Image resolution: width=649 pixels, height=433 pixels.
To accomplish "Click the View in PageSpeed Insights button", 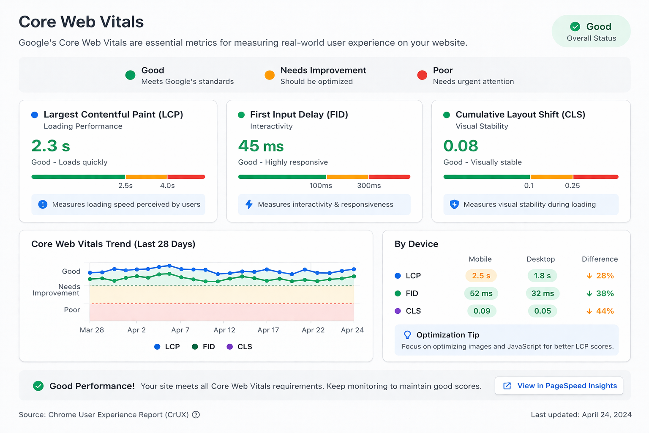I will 559,386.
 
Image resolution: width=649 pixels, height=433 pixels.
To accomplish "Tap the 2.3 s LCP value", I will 51,146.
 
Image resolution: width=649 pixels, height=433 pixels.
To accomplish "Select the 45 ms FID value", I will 261,146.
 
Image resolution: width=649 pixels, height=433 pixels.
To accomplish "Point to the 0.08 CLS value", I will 461,146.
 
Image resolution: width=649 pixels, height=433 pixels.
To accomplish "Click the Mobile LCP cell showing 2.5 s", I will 481,276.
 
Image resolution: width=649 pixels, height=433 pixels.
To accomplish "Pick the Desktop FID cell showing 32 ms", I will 543,293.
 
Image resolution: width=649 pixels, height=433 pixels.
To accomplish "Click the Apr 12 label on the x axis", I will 224,330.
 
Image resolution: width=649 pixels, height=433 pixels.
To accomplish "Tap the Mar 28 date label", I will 92,330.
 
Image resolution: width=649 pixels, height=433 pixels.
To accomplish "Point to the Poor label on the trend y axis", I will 72,310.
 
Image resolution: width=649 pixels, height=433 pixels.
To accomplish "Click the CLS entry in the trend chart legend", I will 240,347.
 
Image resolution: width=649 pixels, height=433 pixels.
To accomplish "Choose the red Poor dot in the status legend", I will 422,75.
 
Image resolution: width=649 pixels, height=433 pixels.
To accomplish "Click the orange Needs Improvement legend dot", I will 270,75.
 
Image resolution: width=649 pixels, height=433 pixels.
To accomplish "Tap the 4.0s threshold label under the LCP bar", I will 167,186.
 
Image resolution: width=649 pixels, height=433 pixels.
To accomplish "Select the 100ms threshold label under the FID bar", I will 321,186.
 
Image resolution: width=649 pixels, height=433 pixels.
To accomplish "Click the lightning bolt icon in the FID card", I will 249,205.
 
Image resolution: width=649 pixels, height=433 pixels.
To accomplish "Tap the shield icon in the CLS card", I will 454,205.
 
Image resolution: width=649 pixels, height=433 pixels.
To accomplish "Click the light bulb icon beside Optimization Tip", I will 407,335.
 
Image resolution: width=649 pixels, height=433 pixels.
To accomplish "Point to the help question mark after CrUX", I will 196,415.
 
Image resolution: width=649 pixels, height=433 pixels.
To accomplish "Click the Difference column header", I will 600,259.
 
